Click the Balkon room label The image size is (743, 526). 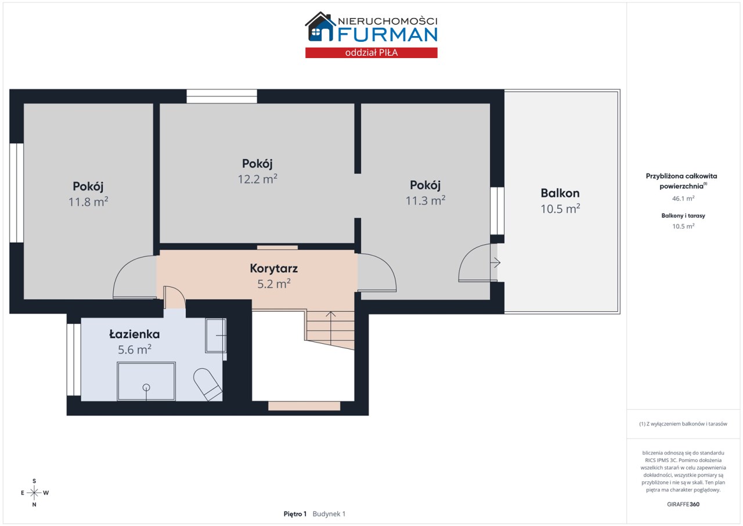point(560,193)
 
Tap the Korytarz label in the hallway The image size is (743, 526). point(273,268)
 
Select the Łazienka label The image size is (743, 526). point(134,334)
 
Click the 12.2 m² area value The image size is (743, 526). point(257,179)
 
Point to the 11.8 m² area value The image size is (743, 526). point(88,201)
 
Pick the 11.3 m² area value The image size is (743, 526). point(425,200)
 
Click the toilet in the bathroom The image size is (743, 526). point(207,384)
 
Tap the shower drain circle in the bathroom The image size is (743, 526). point(146,387)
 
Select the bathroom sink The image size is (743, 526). point(215,336)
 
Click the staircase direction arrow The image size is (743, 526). point(330,327)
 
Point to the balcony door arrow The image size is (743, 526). point(495,262)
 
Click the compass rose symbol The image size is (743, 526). point(34,492)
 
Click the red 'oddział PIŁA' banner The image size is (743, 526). point(371,53)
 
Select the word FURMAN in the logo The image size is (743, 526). point(387,35)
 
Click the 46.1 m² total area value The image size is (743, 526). point(683,199)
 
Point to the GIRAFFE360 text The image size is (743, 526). point(683,504)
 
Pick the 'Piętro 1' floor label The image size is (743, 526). point(295,514)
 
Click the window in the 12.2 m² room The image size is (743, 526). point(222,96)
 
